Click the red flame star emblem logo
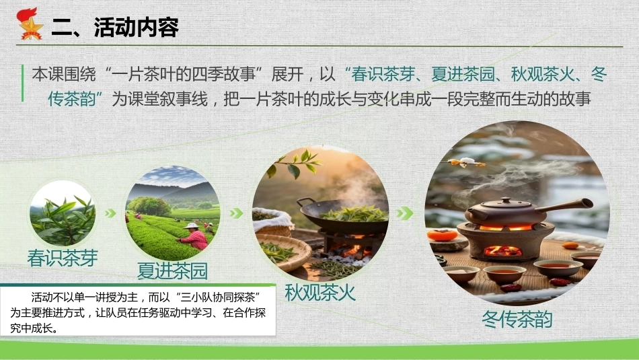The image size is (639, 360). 30,24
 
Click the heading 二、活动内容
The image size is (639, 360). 115,28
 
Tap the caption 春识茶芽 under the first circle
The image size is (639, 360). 63,258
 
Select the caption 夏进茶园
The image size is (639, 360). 172,271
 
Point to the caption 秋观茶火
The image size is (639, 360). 320,292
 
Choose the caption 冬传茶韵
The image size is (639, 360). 517,319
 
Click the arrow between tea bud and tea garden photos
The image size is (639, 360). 110,213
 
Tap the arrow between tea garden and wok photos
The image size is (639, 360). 236,213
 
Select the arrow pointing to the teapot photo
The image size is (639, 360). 405,213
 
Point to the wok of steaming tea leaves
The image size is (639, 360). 344,216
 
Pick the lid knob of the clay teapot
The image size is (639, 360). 505,200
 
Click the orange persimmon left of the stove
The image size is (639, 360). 443,236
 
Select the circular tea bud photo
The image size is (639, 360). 63,213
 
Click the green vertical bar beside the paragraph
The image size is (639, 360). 22,83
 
